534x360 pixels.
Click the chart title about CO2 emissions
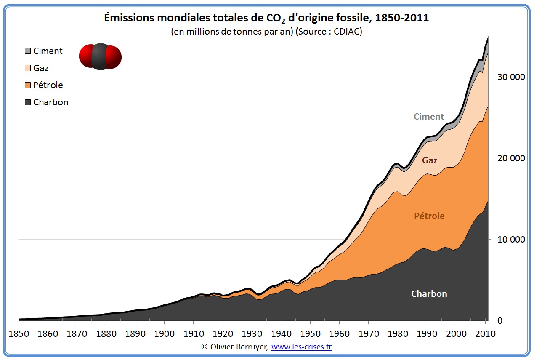point(266,18)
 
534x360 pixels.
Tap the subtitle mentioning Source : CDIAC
point(266,32)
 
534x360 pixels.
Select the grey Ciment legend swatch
point(28,51)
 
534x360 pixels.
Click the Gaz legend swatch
point(28,68)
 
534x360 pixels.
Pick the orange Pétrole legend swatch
point(28,85)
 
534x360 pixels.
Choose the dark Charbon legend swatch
point(28,102)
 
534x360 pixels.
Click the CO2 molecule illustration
point(100,56)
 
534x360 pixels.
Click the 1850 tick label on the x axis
point(19,334)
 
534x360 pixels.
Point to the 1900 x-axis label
point(164,334)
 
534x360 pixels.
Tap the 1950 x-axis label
point(310,334)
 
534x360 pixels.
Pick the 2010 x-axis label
point(485,334)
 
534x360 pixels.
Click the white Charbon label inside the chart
point(429,294)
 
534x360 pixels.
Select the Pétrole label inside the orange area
point(429,216)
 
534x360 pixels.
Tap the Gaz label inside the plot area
point(430,160)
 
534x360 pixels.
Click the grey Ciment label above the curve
point(428,117)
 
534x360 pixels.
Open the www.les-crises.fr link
point(301,347)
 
